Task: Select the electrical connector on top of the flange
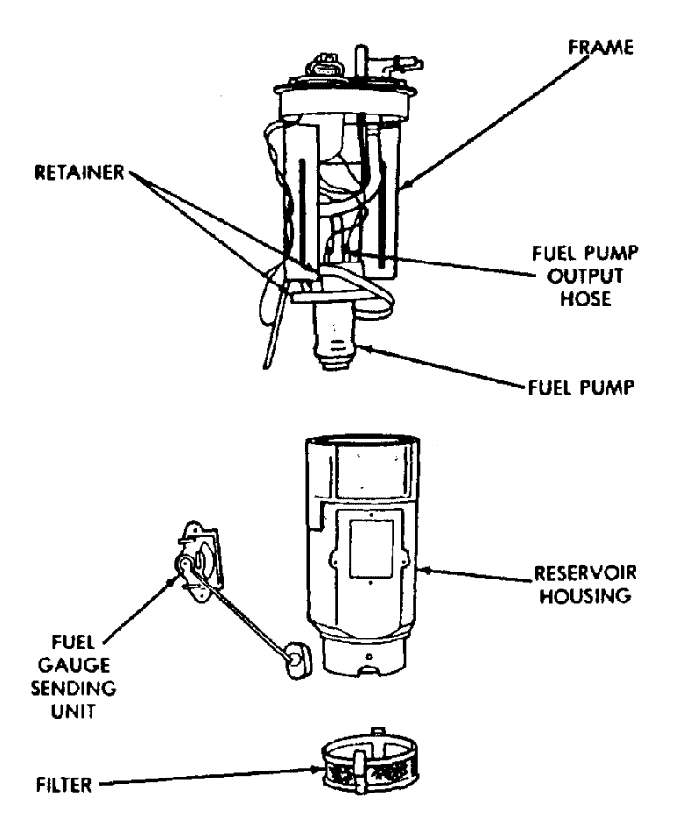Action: click(x=322, y=69)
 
